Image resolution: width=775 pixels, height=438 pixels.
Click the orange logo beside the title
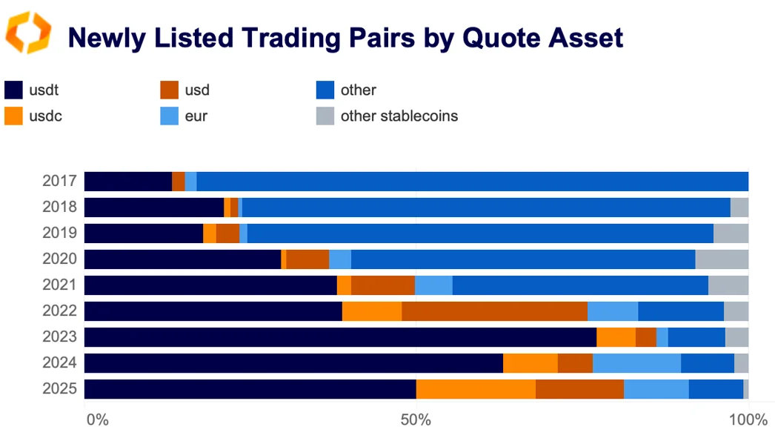(x=28, y=33)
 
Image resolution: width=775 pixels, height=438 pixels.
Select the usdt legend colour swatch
(x=13, y=90)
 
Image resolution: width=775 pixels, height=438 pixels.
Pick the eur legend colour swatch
(x=170, y=116)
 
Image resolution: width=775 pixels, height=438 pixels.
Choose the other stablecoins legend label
(x=399, y=116)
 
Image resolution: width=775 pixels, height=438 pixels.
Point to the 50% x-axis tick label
(x=416, y=420)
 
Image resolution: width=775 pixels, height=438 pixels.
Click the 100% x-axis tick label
(x=747, y=420)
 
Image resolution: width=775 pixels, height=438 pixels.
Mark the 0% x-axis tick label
(x=98, y=420)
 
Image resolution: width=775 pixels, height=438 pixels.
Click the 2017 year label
(x=59, y=182)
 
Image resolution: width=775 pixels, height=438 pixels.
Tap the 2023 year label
(x=59, y=337)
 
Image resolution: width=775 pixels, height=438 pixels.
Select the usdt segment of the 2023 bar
(x=340, y=337)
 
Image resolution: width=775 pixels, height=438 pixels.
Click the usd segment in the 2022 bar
(x=494, y=311)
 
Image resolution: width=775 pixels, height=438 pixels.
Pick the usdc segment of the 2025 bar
(x=476, y=389)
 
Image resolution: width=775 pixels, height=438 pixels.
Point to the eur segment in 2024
(x=636, y=363)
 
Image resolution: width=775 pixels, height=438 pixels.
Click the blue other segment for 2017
(x=472, y=182)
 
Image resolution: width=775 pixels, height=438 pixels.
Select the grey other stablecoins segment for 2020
(x=722, y=259)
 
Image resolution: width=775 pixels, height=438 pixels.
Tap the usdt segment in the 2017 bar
(x=128, y=182)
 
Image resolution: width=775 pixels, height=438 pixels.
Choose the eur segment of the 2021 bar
(x=433, y=285)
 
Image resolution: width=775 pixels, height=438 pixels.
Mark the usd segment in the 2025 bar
(x=579, y=389)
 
